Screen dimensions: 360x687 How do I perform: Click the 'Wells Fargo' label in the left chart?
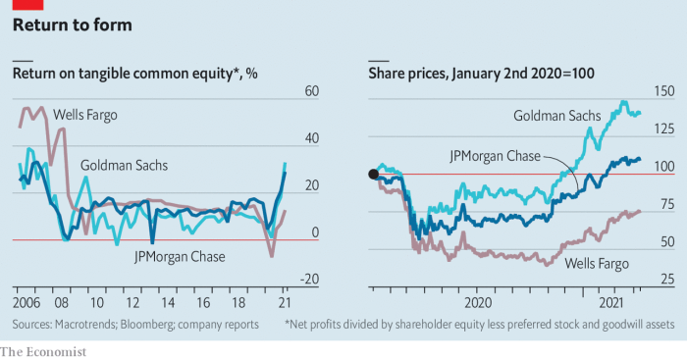pyautogui.click(x=84, y=116)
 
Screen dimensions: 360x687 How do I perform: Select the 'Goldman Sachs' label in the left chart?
pyautogui.click(x=123, y=164)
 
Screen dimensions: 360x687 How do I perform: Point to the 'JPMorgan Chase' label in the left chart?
pyautogui.click(x=180, y=257)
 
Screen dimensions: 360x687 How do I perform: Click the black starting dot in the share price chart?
pyautogui.click(x=373, y=175)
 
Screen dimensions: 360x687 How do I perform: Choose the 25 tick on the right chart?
pyautogui.click(x=665, y=280)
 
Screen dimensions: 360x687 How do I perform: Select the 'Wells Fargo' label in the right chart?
pyautogui.click(x=598, y=263)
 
